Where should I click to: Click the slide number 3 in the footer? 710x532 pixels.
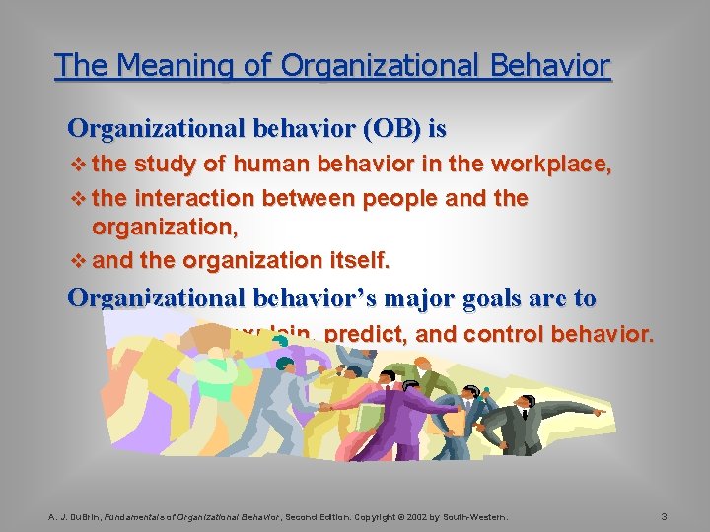665,515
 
